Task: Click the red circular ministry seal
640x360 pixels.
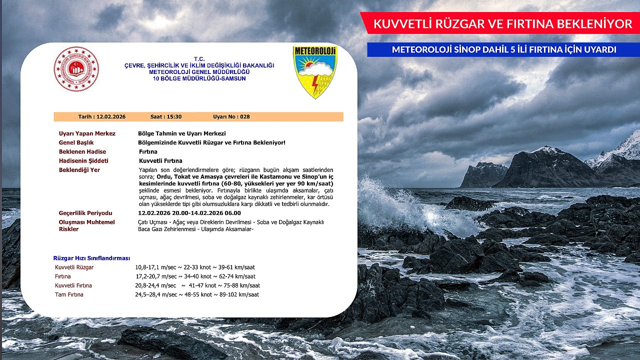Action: pyautogui.click(x=76, y=69)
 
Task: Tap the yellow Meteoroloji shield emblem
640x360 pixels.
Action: pyautogui.click(x=315, y=71)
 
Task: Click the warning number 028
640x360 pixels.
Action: pyautogui.click(x=244, y=116)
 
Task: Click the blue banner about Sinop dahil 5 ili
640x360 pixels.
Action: pyautogui.click(x=503, y=49)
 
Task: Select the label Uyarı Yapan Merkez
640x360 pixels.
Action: pyautogui.click(x=87, y=133)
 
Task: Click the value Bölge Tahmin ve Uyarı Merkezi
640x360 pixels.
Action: pyautogui.click(x=181, y=133)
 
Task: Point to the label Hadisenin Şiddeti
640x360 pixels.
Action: pyautogui.click(x=83, y=161)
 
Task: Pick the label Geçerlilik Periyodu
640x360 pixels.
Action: pyautogui.click(x=85, y=213)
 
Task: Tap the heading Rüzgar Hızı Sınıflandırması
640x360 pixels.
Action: pyautogui.click(x=91, y=258)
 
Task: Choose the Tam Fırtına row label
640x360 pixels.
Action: pyautogui.click(x=69, y=294)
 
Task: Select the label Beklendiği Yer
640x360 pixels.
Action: pyautogui.click(x=79, y=170)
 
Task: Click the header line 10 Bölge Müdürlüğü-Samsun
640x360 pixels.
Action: pyautogui.click(x=199, y=78)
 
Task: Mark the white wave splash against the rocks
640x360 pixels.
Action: pyautogui.click(x=395, y=205)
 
